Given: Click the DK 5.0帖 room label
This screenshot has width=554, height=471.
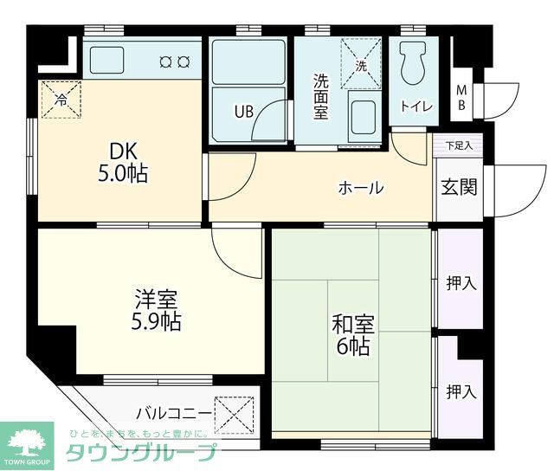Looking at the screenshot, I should click(121, 161).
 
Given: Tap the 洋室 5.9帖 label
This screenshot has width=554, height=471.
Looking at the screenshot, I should click(156, 312).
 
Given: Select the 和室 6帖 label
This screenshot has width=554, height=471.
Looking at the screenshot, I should click(352, 336).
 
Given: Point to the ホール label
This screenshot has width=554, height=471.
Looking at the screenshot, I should click(360, 188).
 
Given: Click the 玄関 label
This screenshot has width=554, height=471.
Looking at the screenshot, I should click(459, 188).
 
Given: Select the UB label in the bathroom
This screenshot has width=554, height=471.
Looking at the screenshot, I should click(243, 111).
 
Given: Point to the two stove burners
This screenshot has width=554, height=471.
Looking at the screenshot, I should click(175, 61).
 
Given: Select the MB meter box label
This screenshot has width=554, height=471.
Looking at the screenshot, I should click(462, 97).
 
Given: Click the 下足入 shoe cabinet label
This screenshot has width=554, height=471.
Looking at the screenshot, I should click(459, 145).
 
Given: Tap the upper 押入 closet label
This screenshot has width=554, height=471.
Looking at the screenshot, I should click(461, 283).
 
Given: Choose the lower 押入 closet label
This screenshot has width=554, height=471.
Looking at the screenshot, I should click(461, 391).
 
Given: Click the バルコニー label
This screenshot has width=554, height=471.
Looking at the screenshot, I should click(171, 411).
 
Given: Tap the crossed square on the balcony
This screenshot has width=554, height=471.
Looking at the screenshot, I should click(235, 413).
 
